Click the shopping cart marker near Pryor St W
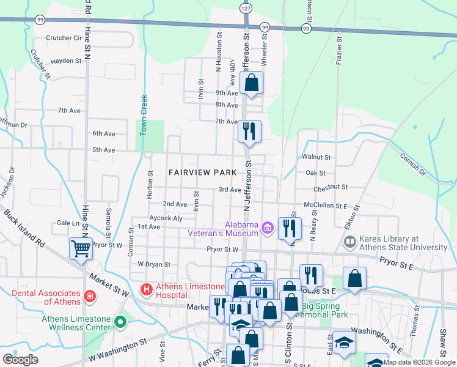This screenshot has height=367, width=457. point(81,248)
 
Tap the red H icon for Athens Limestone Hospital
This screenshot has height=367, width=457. point(146,288)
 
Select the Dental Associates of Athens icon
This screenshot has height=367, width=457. point(90,297)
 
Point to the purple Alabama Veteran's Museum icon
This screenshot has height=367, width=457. point(266,228)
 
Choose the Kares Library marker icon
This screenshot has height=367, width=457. point(350,243)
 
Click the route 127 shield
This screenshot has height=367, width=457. point(245,9)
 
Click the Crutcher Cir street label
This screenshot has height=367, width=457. point(64,37)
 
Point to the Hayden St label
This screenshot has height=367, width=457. point(66,61)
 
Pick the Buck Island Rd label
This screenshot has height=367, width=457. point(24,229)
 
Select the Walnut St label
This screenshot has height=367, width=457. point(316,157)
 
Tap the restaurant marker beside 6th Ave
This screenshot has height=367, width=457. point(249,131)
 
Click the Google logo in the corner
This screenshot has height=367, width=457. point(21,360)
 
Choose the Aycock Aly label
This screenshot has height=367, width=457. point(166,218)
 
